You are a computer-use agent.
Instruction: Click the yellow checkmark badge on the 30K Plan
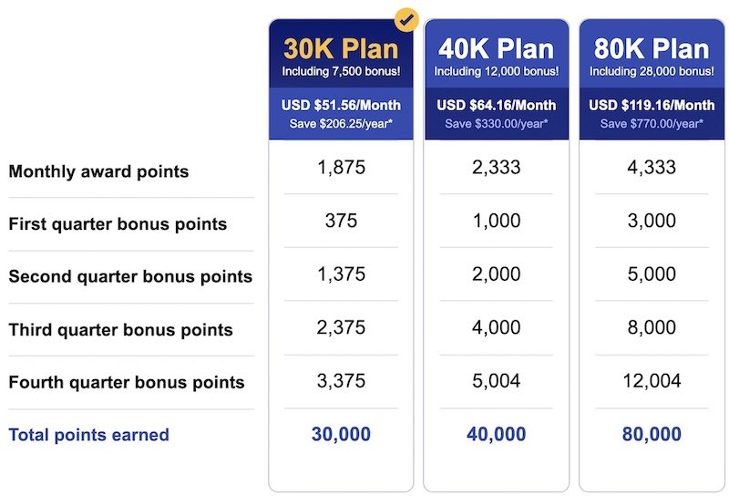click(x=406, y=20)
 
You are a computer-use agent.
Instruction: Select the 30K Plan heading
click(x=341, y=49)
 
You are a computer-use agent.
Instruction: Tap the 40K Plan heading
click(x=496, y=49)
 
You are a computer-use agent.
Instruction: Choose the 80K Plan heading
click(x=652, y=49)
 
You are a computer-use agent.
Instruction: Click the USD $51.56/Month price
click(x=341, y=105)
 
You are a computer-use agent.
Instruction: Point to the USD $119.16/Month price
click(x=652, y=105)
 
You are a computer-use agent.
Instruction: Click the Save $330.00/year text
click(x=496, y=124)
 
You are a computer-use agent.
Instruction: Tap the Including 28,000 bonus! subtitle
click(x=652, y=71)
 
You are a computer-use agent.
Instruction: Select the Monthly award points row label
click(x=98, y=171)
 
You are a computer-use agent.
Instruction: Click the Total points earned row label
click(x=88, y=435)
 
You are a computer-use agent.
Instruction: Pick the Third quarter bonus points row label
click(x=121, y=330)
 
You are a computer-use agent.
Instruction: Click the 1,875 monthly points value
click(x=341, y=168)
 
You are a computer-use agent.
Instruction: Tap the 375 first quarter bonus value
click(x=341, y=221)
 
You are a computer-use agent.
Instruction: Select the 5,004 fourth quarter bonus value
click(x=496, y=381)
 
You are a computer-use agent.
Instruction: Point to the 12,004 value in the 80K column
click(x=652, y=381)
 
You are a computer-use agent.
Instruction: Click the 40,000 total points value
click(x=496, y=434)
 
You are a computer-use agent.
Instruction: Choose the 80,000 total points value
click(x=652, y=434)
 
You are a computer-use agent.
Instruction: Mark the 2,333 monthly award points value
click(x=496, y=168)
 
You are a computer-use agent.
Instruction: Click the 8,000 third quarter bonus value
click(x=652, y=327)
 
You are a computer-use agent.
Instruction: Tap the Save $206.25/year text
click(x=341, y=124)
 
